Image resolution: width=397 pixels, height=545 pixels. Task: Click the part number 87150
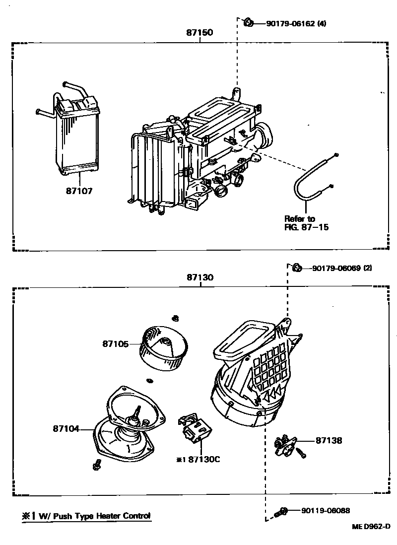tap(200, 33)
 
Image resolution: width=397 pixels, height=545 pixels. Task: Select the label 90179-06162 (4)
tap(290, 23)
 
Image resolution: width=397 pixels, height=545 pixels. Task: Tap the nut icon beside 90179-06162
tap(249, 22)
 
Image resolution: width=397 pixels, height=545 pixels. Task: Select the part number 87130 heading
tap(200, 278)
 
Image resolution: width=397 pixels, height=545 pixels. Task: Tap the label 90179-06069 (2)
tap(342, 268)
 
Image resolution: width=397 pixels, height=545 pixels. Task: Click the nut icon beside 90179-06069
tap(297, 268)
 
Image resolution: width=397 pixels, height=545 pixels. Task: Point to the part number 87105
tap(116, 343)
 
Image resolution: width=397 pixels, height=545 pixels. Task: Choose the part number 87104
tap(66, 428)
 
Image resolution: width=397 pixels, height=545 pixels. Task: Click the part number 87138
tap(329, 440)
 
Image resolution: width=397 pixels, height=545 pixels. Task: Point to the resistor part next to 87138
tap(287, 443)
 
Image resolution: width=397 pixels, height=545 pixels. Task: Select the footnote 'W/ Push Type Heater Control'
tap(85, 516)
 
